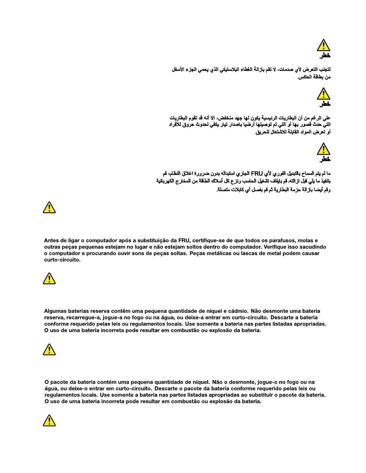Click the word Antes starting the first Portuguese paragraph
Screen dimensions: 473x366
pos(51,240)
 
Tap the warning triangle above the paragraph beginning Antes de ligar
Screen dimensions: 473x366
pos(49,208)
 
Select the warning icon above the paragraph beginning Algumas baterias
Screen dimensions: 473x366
pos(49,278)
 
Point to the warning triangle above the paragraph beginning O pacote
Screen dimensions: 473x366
pos(49,349)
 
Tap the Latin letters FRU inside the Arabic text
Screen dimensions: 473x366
pos(257,173)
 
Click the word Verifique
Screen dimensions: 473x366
pos(275,247)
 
